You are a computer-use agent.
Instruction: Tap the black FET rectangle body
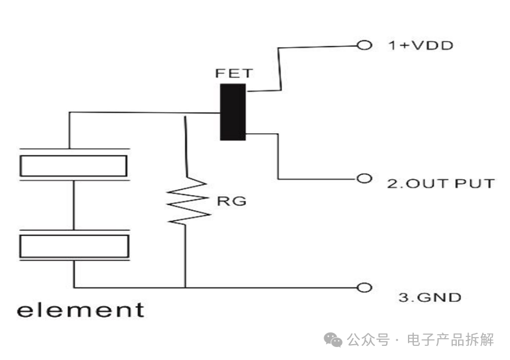232,112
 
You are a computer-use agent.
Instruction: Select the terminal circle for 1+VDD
365,45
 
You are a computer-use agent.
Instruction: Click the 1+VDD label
420,45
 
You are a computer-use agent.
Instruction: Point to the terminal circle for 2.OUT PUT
365,178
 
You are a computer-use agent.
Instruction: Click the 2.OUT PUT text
440,183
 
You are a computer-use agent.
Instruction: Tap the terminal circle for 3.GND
365,288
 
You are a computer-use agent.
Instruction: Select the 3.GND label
430,298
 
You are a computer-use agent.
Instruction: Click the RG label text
231,202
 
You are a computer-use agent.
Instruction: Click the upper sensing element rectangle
74,166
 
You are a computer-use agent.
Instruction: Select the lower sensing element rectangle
74,246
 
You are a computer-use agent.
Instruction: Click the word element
80,309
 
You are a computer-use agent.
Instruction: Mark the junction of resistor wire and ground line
185,288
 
